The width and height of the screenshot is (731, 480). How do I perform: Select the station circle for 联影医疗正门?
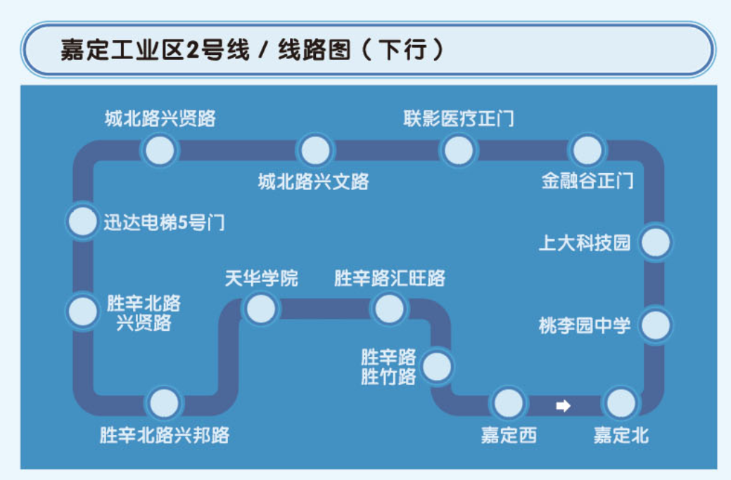[459, 151]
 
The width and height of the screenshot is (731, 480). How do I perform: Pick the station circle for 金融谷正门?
[587, 151]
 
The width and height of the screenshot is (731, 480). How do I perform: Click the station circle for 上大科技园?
[655, 243]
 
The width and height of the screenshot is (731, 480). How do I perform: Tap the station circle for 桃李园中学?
[655, 325]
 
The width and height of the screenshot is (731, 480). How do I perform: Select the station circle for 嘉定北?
[621, 404]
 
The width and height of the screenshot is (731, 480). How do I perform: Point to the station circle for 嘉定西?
[508, 403]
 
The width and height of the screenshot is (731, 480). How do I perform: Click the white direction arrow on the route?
[563, 405]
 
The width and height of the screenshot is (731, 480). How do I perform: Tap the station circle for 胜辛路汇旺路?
[389, 308]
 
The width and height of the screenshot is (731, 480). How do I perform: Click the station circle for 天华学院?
[260, 308]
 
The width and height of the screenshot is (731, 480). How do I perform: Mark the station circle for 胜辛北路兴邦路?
[164, 404]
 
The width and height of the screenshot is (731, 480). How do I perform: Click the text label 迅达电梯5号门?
[165, 222]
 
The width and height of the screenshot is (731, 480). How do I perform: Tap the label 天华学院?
[261, 278]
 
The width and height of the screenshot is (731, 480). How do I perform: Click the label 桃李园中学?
[585, 326]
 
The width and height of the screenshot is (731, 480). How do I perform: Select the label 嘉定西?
[508, 436]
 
